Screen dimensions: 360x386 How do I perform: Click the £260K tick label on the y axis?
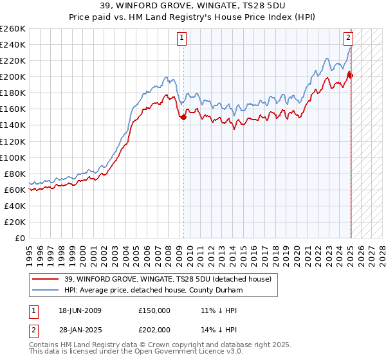pyautogui.click(x=13, y=28)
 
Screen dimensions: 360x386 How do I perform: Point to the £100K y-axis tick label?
pyautogui.click(x=13, y=157)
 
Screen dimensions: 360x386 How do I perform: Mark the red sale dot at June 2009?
pyautogui.click(x=184, y=117)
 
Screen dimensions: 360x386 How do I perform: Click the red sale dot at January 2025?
pyautogui.click(x=350, y=75)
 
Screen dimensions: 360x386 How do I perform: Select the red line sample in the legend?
pyautogui.click(x=46, y=279)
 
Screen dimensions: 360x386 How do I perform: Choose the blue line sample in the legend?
pyautogui.click(x=46, y=290)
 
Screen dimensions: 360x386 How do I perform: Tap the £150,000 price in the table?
pyautogui.click(x=154, y=310)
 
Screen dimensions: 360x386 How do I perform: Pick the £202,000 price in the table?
pyautogui.click(x=154, y=330)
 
